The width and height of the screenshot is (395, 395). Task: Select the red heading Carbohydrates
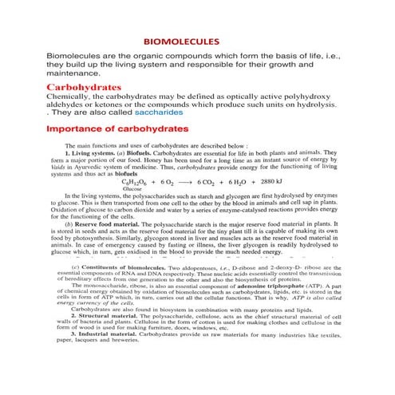coord(85,85)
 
